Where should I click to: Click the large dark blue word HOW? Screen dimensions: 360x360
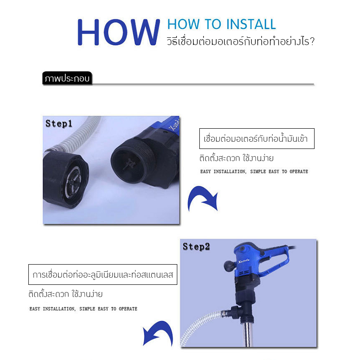coord(118,32)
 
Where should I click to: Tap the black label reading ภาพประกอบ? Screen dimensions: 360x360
coord(67,78)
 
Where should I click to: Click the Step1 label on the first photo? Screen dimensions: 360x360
coord(59,124)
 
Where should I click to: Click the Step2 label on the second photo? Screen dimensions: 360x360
coord(196,247)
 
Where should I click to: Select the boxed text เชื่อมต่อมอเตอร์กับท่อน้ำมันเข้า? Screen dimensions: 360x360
coord(256,139)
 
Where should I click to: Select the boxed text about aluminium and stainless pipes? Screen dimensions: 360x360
coord(103,274)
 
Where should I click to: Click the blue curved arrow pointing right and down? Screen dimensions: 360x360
coord(202,195)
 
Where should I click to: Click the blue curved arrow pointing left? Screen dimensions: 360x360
coord(158,331)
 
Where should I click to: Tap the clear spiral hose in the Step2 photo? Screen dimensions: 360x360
coord(202,326)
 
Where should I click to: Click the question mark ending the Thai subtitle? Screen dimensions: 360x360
coord(311,42)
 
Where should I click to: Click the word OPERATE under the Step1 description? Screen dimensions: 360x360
coord(299,171)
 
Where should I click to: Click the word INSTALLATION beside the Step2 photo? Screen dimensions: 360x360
coord(59,309)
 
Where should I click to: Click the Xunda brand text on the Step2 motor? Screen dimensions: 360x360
coord(244,261)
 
